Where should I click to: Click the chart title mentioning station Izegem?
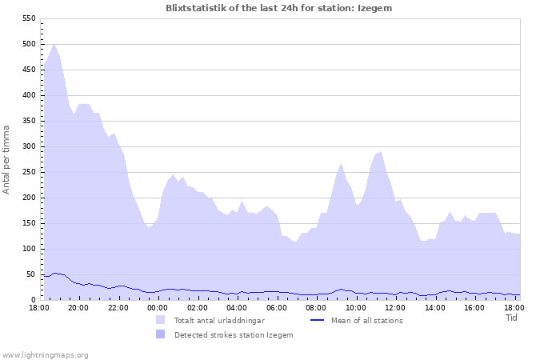tap(279, 8)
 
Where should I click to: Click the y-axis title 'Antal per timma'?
tap(7, 158)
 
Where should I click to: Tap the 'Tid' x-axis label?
tap(512, 318)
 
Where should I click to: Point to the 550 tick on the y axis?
tap(27, 18)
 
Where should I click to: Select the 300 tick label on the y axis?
tap(27, 146)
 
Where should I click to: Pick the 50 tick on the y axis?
tap(30, 274)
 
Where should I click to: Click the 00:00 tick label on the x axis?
tap(158, 307)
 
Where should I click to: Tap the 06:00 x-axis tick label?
tap(277, 307)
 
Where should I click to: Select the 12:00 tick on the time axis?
tap(395, 307)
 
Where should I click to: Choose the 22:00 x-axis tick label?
tap(118, 307)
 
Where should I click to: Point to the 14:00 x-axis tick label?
tap(434, 307)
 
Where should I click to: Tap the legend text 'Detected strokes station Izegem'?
tap(234, 335)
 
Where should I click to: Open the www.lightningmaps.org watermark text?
tap(45, 354)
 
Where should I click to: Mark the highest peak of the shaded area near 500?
tap(54, 44)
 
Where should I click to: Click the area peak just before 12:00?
tap(381, 151)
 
